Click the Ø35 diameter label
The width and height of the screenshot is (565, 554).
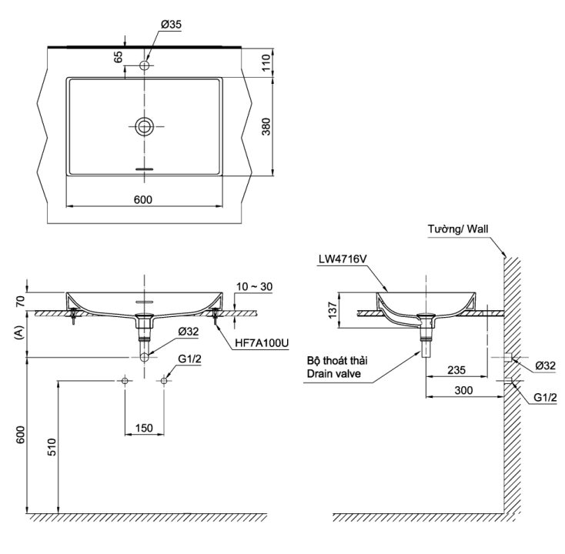tap(171, 25)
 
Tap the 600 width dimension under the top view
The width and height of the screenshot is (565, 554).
tap(143, 199)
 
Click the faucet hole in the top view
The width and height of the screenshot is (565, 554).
tap(144, 65)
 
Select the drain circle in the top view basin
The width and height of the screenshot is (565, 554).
tap(144, 127)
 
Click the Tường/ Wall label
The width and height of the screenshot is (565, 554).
tap(458, 229)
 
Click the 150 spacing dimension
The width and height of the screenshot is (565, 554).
tap(144, 427)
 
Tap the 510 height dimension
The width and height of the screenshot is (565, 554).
tap(52, 448)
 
